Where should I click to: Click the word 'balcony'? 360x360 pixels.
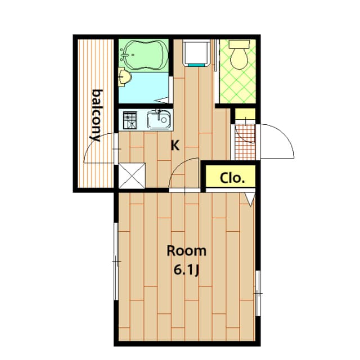click(x=96, y=115)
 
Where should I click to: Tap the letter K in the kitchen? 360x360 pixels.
click(x=175, y=146)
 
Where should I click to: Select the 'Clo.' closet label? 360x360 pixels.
click(x=232, y=178)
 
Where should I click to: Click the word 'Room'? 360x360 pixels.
click(x=186, y=251)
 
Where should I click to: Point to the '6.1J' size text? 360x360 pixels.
click(x=187, y=271)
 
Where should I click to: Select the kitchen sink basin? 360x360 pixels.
click(x=157, y=120)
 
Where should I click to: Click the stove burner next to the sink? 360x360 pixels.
click(x=130, y=120)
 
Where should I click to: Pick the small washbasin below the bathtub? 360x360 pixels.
click(x=124, y=77)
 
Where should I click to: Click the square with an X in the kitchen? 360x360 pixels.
click(x=133, y=175)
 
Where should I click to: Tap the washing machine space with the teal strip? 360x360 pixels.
click(x=197, y=55)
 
